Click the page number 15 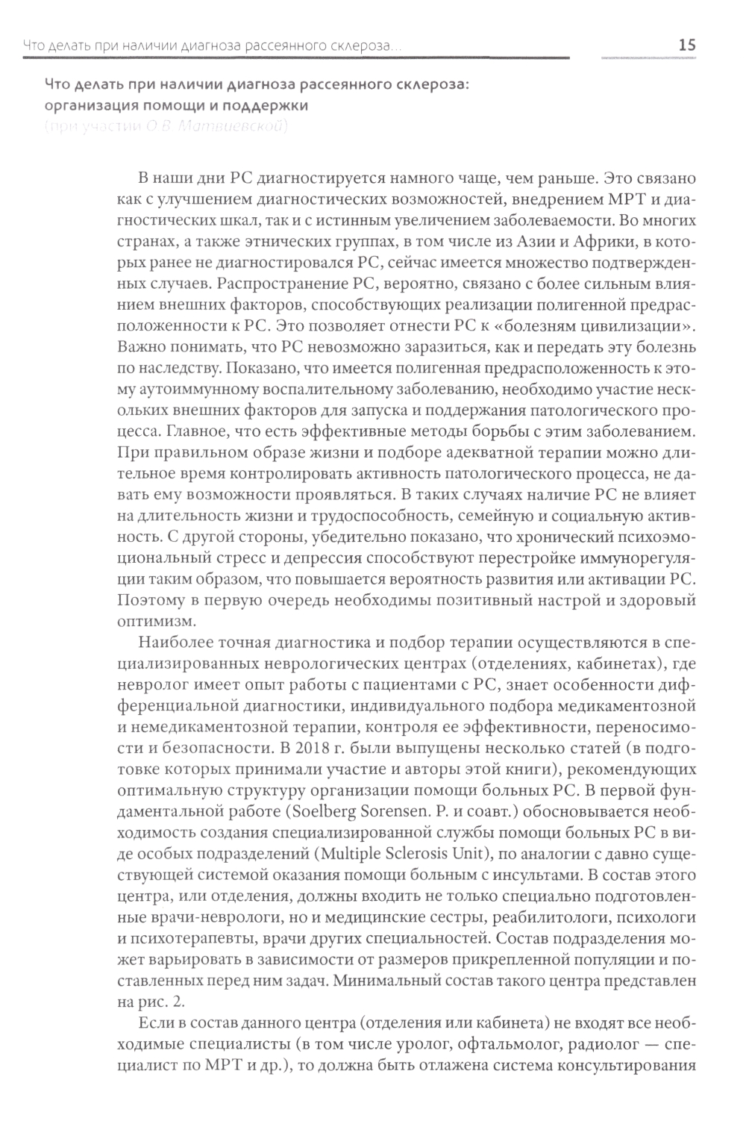click(686, 46)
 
